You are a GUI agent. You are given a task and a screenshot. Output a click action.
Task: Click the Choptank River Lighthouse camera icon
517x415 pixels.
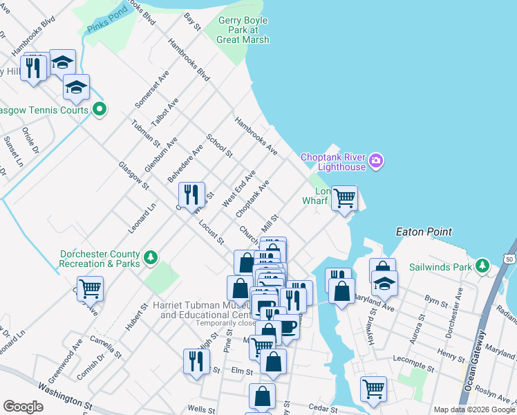(x=376, y=161)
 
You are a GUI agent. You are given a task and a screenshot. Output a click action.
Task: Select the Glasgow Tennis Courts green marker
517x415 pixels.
(x=99, y=109)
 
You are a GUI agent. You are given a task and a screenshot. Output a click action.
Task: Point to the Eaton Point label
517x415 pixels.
(x=423, y=232)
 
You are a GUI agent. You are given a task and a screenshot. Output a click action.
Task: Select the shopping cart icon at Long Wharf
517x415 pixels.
(x=344, y=198)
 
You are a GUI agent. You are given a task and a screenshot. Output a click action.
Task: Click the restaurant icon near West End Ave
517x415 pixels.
(x=191, y=194)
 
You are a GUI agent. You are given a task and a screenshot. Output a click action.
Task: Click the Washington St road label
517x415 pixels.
(x=66, y=397)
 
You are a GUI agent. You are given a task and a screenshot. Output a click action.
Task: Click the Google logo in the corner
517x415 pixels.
(x=23, y=407)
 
